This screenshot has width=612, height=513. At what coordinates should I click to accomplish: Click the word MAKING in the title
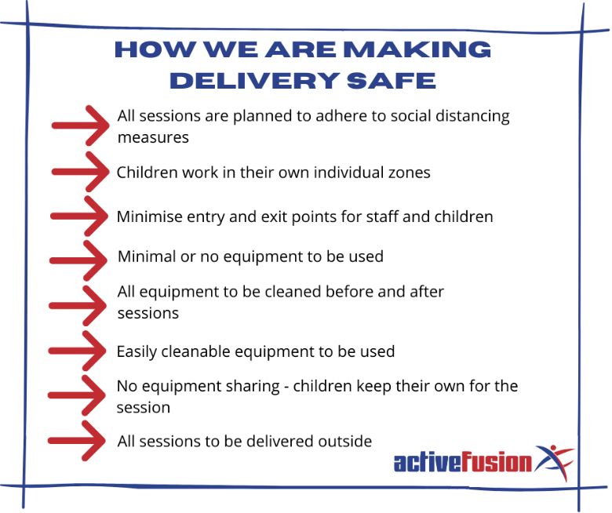(x=417, y=49)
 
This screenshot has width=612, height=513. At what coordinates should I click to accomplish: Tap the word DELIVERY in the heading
(x=253, y=81)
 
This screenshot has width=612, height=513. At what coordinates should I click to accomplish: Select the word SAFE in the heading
(x=391, y=81)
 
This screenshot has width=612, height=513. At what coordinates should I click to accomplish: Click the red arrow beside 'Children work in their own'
(x=80, y=172)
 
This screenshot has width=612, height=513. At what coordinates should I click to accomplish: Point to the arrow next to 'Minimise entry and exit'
(x=79, y=216)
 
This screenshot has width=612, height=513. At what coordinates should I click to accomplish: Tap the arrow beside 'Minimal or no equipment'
(x=78, y=260)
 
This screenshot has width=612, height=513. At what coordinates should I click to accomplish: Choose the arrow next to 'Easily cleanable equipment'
(x=77, y=351)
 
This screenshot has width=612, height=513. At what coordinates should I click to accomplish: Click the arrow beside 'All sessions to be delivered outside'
(x=77, y=441)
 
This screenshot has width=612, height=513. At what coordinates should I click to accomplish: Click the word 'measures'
(x=153, y=138)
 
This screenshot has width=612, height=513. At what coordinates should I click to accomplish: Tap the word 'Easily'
(x=137, y=352)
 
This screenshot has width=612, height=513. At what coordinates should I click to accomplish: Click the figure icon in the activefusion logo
(x=554, y=461)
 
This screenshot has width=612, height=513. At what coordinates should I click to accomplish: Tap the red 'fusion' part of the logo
(x=497, y=462)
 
